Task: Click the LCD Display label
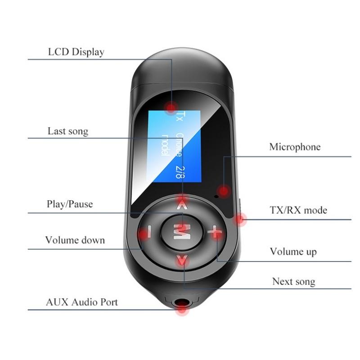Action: (x=76, y=52)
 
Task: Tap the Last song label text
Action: (x=68, y=131)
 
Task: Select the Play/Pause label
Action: (x=70, y=204)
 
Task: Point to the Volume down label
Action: (x=75, y=240)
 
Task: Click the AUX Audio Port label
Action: (x=82, y=301)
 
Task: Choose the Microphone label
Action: (x=295, y=147)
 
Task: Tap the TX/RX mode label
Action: (x=298, y=210)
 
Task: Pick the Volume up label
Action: (x=293, y=252)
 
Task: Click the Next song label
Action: (x=293, y=282)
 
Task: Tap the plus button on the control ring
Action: (x=215, y=233)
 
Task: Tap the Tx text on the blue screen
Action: (x=180, y=116)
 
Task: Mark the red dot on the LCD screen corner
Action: (x=171, y=107)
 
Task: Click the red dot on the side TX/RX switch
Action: (x=240, y=220)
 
